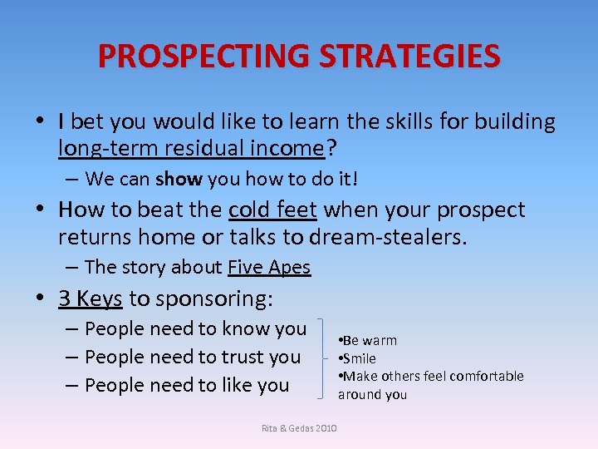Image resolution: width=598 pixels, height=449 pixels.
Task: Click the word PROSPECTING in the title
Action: [x=204, y=57]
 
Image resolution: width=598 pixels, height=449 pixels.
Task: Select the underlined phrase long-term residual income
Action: [x=190, y=148]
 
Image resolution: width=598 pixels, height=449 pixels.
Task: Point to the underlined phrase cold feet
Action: [x=272, y=210]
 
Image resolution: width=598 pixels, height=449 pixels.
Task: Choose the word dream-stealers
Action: [x=388, y=238]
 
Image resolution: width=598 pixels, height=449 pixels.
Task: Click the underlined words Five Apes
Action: [x=268, y=267]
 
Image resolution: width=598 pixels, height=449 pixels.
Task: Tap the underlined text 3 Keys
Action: [x=91, y=298]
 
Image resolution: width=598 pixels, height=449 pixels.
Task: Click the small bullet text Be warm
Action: [x=368, y=340]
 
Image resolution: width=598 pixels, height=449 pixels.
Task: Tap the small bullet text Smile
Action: [x=358, y=358]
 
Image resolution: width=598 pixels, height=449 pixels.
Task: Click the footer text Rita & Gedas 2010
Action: [x=299, y=427]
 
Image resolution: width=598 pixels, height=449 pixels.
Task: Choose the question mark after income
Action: [x=331, y=148]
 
